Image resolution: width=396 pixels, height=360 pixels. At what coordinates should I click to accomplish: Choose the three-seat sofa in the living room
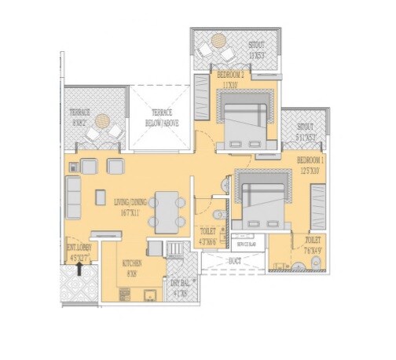[73, 197]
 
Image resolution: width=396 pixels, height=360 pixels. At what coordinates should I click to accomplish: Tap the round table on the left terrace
[102, 122]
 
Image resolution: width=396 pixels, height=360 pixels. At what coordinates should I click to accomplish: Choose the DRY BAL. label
[178, 288]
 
